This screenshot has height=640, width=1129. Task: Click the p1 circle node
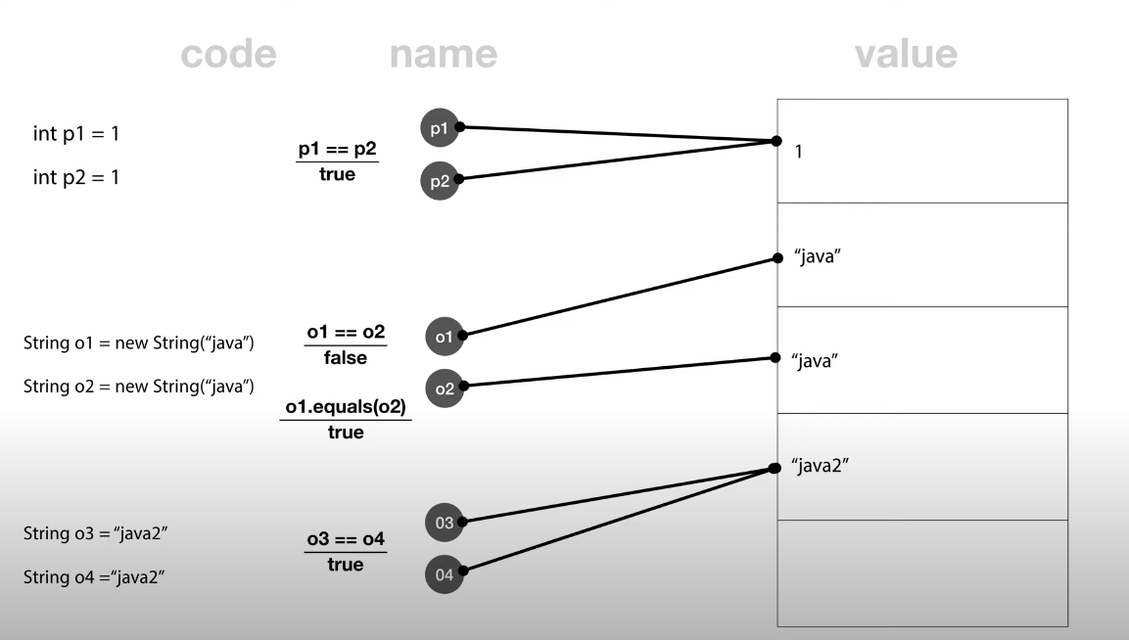coord(439,127)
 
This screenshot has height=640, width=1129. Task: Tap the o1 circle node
coord(444,337)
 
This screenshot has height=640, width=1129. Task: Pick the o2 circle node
coord(444,388)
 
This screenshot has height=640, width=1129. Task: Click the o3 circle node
coord(444,523)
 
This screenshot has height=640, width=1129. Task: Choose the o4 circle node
coord(444,573)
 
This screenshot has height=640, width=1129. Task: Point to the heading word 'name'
coord(443,55)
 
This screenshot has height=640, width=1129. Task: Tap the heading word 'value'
coord(906,55)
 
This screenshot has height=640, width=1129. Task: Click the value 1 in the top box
coord(799,153)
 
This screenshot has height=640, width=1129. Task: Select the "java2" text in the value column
coord(819,466)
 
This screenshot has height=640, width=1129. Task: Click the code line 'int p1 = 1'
coord(76,133)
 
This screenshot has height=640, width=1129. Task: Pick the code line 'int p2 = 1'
coord(76,178)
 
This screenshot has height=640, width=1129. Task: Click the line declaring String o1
coord(139,343)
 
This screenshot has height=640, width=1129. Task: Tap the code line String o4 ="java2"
coord(93,576)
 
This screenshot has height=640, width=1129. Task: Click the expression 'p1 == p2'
coord(337,151)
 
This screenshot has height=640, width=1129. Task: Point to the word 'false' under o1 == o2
coord(345,358)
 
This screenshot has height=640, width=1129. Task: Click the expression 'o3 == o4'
coord(345,540)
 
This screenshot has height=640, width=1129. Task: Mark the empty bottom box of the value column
coord(922,573)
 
